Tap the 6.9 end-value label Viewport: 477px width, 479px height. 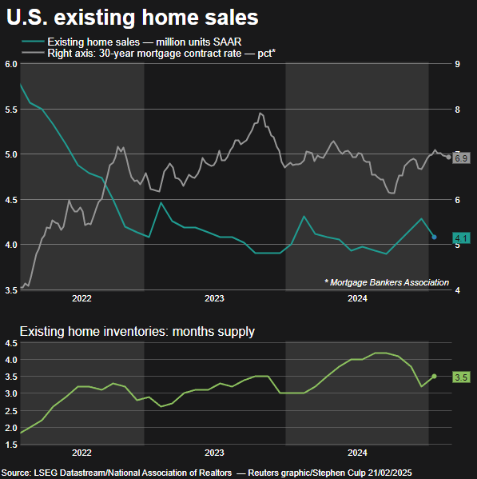(461, 158)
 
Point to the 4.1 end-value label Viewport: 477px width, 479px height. (461, 238)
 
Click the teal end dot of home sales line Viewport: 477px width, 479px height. (434, 237)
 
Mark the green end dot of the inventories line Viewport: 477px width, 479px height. (434, 376)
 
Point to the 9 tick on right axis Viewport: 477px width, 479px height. (456, 64)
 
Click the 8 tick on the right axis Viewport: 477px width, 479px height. (456, 110)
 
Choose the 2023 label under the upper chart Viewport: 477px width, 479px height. (214, 299)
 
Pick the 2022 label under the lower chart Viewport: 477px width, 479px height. (81, 453)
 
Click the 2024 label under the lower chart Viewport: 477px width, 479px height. (356, 453)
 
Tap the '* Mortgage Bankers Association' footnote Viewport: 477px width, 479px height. (387, 282)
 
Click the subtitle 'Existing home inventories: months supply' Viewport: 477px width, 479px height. (137, 330)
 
